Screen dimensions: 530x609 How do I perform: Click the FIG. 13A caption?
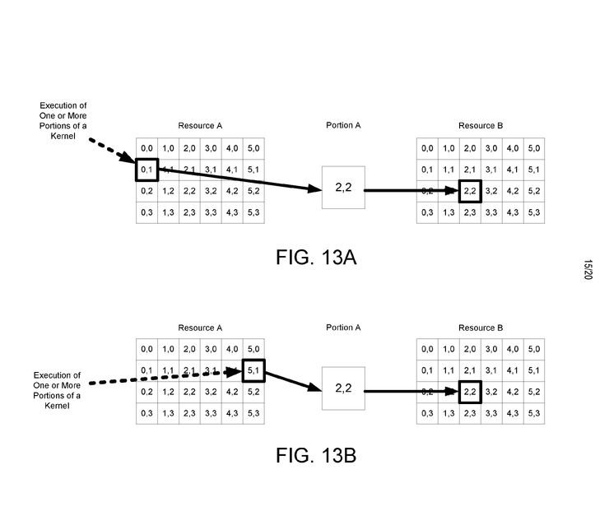316,257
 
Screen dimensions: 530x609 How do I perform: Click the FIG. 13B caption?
316,454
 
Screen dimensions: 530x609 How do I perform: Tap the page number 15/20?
588,271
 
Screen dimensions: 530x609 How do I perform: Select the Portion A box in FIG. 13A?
342,188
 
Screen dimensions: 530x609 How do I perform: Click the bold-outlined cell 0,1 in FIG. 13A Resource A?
146,170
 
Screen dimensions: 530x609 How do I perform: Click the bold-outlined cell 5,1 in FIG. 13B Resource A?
253,370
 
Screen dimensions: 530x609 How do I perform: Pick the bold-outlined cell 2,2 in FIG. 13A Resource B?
470,191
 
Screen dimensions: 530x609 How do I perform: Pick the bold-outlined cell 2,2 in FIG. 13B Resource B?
470,392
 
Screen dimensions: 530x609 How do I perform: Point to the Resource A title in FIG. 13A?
200,126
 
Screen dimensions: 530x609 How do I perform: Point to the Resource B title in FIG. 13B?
481,328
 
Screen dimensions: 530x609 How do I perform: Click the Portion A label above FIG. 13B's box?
343,328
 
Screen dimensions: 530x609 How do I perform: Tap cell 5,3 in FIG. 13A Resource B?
534,212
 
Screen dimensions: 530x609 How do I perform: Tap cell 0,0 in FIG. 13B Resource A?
146,349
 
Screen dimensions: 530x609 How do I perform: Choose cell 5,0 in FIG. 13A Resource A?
253,149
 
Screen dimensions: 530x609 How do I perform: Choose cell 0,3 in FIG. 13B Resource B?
427,413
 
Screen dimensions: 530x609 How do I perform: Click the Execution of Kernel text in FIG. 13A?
63,120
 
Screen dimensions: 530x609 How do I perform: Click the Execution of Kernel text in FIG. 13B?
63,391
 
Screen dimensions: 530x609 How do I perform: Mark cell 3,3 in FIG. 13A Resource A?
211,212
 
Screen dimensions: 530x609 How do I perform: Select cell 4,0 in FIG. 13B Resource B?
513,349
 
